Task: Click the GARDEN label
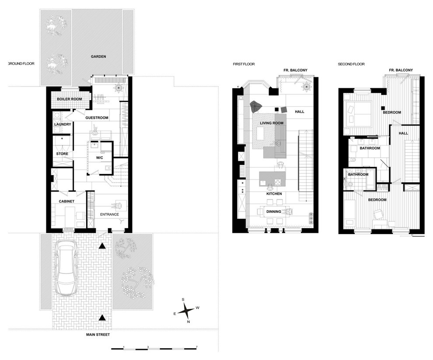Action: coord(98,56)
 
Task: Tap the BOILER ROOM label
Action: coord(69,99)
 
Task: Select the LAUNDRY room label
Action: coord(63,125)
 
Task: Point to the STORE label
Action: coord(62,154)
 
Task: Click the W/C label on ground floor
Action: coord(99,158)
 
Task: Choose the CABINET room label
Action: coord(66,201)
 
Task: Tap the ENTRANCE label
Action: coord(109,215)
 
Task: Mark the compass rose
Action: coord(186,311)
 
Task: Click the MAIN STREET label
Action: coord(98,335)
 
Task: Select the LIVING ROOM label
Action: coord(272,123)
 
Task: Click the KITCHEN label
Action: coord(274,194)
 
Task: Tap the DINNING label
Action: coord(274,211)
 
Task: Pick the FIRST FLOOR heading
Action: coord(244,64)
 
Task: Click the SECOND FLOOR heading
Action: coord(351,64)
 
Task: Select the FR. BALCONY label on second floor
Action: coord(401,70)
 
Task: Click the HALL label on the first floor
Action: coord(299,112)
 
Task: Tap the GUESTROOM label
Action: coord(97,118)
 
